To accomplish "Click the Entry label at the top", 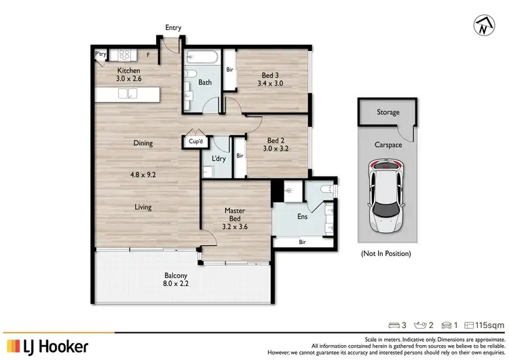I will [x=173, y=28].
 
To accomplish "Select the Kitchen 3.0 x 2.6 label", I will [x=129, y=75].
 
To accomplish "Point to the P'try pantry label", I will [x=101, y=54].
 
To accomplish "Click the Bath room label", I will [x=205, y=83].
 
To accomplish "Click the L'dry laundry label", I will [x=219, y=159].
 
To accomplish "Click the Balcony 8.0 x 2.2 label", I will [x=174, y=280].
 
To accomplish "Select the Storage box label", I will [x=388, y=113].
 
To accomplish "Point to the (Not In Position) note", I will [x=385, y=253].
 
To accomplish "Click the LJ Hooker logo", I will [x=47, y=346].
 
